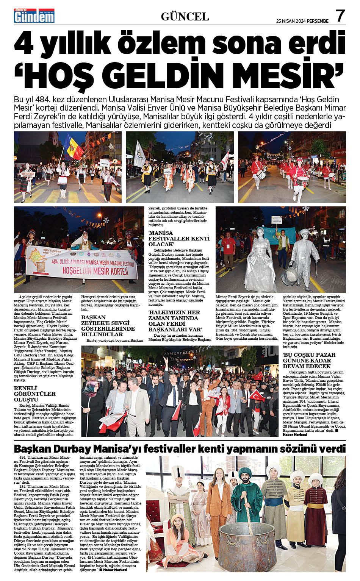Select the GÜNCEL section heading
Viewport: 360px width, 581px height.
(185, 17)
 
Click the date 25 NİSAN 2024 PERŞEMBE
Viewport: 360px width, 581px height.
(302, 21)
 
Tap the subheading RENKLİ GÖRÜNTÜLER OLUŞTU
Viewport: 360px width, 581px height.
(35, 394)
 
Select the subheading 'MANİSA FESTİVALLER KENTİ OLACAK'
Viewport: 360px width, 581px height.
(179, 238)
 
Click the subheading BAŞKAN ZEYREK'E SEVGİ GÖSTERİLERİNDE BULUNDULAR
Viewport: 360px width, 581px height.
(108, 325)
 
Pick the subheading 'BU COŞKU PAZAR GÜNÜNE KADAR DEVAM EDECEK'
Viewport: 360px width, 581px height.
(309, 360)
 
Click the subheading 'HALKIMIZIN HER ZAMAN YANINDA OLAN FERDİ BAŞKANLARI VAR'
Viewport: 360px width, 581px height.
(175, 321)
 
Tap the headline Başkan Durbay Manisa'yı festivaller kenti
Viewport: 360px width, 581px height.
(180, 448)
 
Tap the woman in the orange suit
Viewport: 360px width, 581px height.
(219, 500)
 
